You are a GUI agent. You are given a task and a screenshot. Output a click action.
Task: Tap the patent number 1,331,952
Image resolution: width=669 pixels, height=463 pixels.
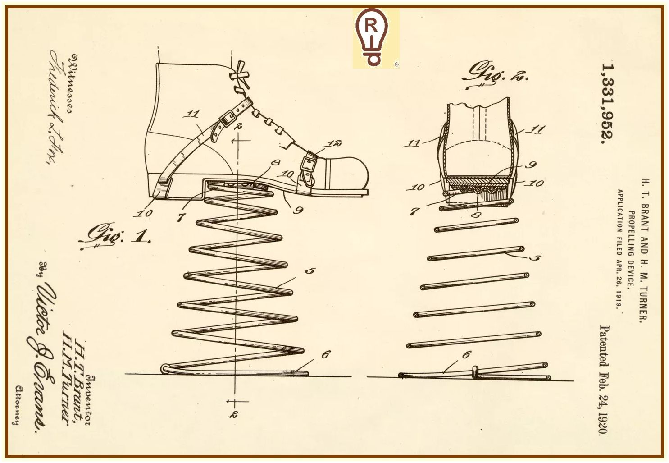[608, 103]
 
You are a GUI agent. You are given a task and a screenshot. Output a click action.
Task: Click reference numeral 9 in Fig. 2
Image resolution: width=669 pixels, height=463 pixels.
[531, 165]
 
